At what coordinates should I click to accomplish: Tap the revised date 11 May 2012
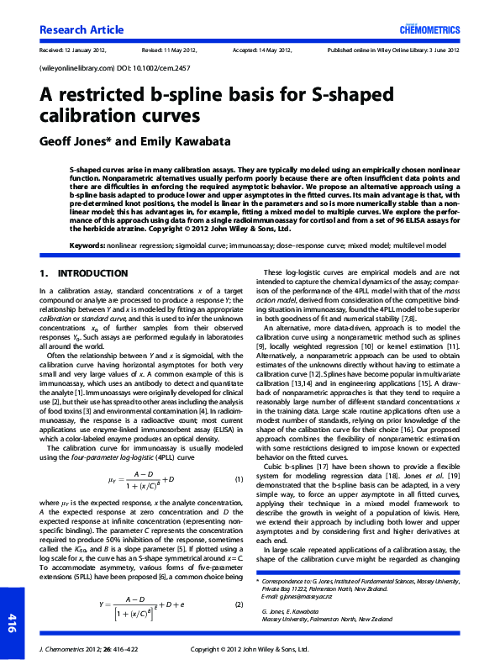pos(183,50)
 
